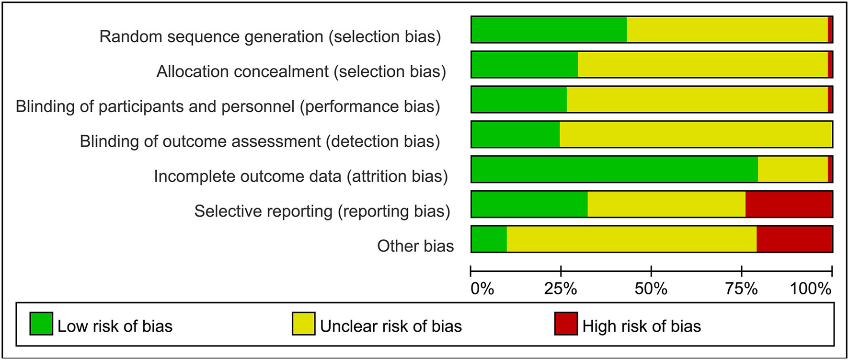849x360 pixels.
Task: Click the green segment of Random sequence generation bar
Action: [549, 29]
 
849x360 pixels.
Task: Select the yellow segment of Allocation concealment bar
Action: [703, 64]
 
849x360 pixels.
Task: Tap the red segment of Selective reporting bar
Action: [789, 204]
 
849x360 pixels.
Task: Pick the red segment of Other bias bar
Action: [794, 239]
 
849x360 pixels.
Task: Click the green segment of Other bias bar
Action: [489, 239]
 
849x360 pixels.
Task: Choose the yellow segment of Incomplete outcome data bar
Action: [793, 169]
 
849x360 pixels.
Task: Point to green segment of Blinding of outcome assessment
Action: [516, 134]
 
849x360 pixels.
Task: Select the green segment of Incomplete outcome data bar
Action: [615, 169]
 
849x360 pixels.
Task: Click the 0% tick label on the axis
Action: [482, 289]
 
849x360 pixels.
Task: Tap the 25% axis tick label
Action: [561, 289]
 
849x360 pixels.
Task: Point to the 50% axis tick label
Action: [651, 289]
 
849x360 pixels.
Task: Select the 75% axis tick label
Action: [742, 289]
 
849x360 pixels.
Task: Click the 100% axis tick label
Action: [811, 289]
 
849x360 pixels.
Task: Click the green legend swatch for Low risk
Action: [41, 324]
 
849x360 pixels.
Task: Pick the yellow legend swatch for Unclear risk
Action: [304, 324]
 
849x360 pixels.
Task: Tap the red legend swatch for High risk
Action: [566, 324]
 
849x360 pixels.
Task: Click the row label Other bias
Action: [415, 246]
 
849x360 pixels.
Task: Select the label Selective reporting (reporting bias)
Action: [322, 211]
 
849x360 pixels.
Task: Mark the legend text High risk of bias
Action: [642, 326]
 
